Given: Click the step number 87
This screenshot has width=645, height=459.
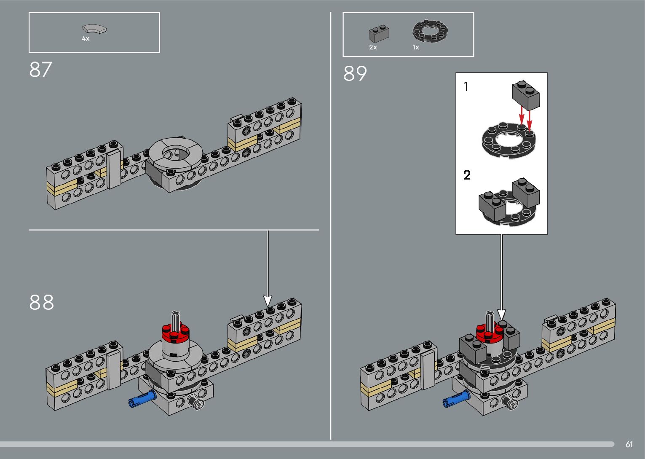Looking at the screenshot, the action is click(x=40, y=70).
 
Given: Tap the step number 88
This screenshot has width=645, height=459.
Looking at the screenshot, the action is click(x=41, y=302).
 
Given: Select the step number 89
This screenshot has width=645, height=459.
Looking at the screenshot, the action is click(x=355, y=73).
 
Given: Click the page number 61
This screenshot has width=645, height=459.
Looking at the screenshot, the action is click(x=629, y=444).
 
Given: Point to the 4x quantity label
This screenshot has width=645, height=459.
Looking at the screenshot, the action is click(x=86, y=39).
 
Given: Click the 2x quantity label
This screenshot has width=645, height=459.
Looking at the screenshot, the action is click(x=373, y=47).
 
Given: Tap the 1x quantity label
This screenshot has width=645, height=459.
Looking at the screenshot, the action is click(x=415, y=47).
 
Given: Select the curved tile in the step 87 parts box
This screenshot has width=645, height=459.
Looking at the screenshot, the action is click(x=94, y=29).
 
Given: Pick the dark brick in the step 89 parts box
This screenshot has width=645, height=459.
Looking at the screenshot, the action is click(x=379, y=34).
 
